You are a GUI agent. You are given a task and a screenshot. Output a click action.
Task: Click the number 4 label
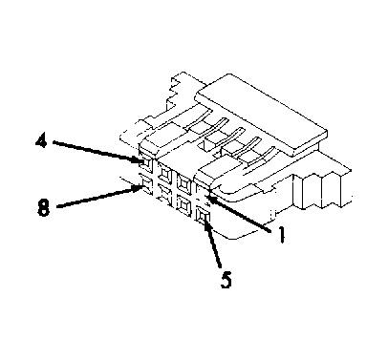coord(41,141)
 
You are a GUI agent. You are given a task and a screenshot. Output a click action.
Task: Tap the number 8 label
coord(44,209)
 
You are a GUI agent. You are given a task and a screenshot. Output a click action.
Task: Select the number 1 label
coord(281,235)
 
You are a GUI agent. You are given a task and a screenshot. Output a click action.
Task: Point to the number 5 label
coord(226,280)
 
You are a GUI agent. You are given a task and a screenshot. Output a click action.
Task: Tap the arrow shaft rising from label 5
coord(213,242)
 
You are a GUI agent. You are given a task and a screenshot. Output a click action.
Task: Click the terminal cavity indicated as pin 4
coord(145,163)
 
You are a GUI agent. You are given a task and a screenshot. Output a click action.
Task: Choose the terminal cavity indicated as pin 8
coord(146,184)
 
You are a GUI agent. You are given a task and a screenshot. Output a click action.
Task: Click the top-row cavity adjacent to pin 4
coord(165,174)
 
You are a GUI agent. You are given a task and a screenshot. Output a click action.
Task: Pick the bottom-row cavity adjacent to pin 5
coord(183,203)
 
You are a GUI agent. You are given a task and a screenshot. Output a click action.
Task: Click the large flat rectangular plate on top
coord(262,116)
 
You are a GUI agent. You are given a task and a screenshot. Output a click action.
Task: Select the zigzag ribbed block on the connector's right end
coord(322,190)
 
